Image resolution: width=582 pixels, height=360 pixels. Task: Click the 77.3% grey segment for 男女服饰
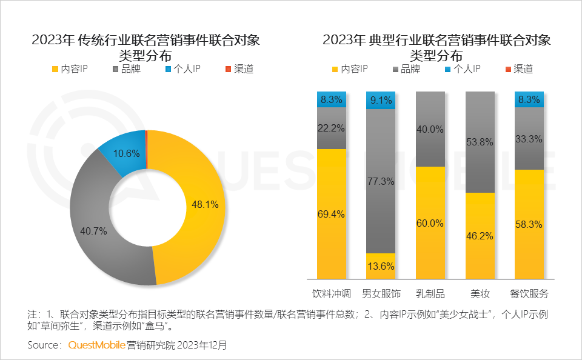click(381, 181)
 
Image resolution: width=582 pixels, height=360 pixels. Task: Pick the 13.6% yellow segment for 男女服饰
click(381, 266)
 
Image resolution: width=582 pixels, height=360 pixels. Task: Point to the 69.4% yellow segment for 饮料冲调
click(332, 213)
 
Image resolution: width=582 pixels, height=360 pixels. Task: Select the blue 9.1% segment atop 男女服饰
click(381, 100)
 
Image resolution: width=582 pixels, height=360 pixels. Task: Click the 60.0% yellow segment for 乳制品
click(430, 222)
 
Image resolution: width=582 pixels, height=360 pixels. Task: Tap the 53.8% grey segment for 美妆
click(479, 142)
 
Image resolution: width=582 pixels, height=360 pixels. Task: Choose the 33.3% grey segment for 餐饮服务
click(529, 139)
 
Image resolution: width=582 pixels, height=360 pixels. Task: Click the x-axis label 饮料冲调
click(332, 294)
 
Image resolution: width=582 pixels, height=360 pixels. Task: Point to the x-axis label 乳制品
click(430, 294)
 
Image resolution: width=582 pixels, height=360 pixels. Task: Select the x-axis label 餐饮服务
click(529, 294)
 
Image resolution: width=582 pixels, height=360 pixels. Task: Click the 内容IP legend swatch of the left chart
click(55, 69)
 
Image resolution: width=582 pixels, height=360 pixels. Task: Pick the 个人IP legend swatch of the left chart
click(168, 69)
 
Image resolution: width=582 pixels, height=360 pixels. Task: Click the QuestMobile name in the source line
click(96, 345)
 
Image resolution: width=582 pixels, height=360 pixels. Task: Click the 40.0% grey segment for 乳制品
click(430, 129)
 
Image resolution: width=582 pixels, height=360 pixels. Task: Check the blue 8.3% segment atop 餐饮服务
click(529, 99)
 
